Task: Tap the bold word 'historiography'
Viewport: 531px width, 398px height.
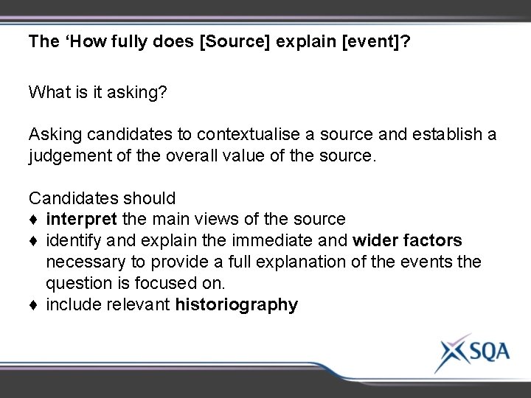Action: [x=237, y=305]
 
